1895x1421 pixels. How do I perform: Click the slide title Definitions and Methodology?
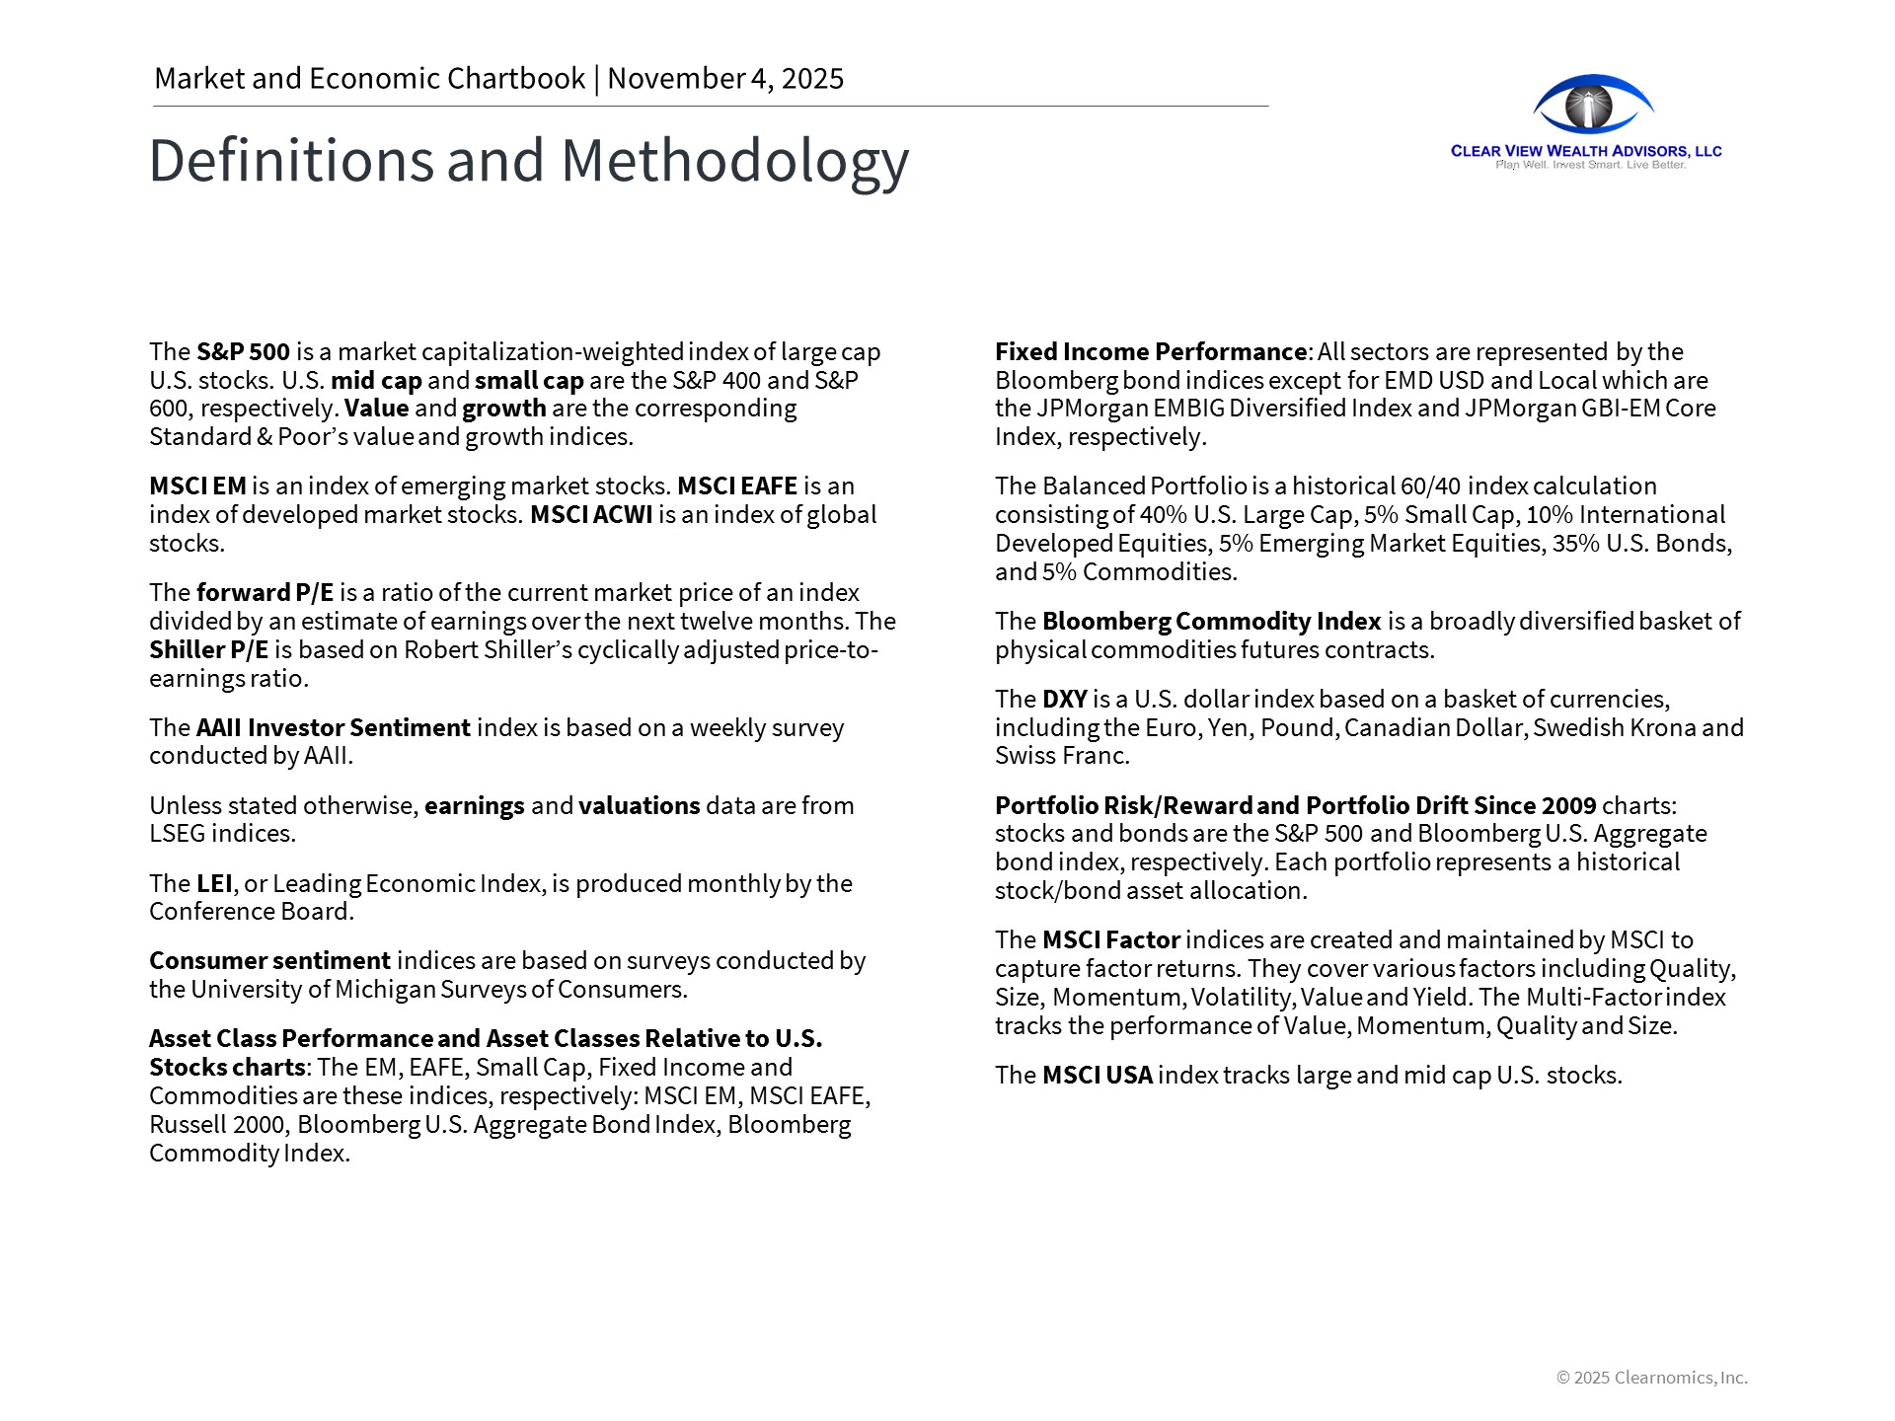(x=528, y=161)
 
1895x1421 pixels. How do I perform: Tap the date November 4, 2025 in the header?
(x=725, y=79)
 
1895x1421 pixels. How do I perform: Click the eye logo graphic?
(x=1592, y=105)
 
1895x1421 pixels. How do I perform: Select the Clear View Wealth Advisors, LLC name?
(x=1586, y=151)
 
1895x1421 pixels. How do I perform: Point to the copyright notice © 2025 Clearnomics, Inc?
(x=1651, y=1378)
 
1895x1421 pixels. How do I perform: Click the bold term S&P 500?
(x=243, y=352)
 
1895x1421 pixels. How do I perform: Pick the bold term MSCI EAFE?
(x=736, y=486)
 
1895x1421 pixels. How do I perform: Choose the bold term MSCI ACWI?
(x=591, y=515)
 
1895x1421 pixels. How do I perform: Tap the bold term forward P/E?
(x=265, y=593)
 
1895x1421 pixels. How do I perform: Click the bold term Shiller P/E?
(x=208, y=650)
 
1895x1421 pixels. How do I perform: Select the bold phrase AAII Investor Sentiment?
(x=333, y=728)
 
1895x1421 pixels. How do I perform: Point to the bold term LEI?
(x=214, y=883)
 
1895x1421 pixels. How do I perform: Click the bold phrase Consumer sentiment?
(x=269, y=961)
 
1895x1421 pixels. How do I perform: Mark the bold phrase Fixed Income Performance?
(x=1150, y=352)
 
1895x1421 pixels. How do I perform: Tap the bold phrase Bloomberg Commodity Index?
(x=1211, y=622)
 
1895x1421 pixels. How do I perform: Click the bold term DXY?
(x=1064, y=700)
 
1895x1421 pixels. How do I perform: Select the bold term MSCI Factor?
(x=1110, y=940)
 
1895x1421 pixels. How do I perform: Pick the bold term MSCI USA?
(x=1097, y=1076)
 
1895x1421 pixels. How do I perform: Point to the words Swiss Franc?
(x=1061, y=756)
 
